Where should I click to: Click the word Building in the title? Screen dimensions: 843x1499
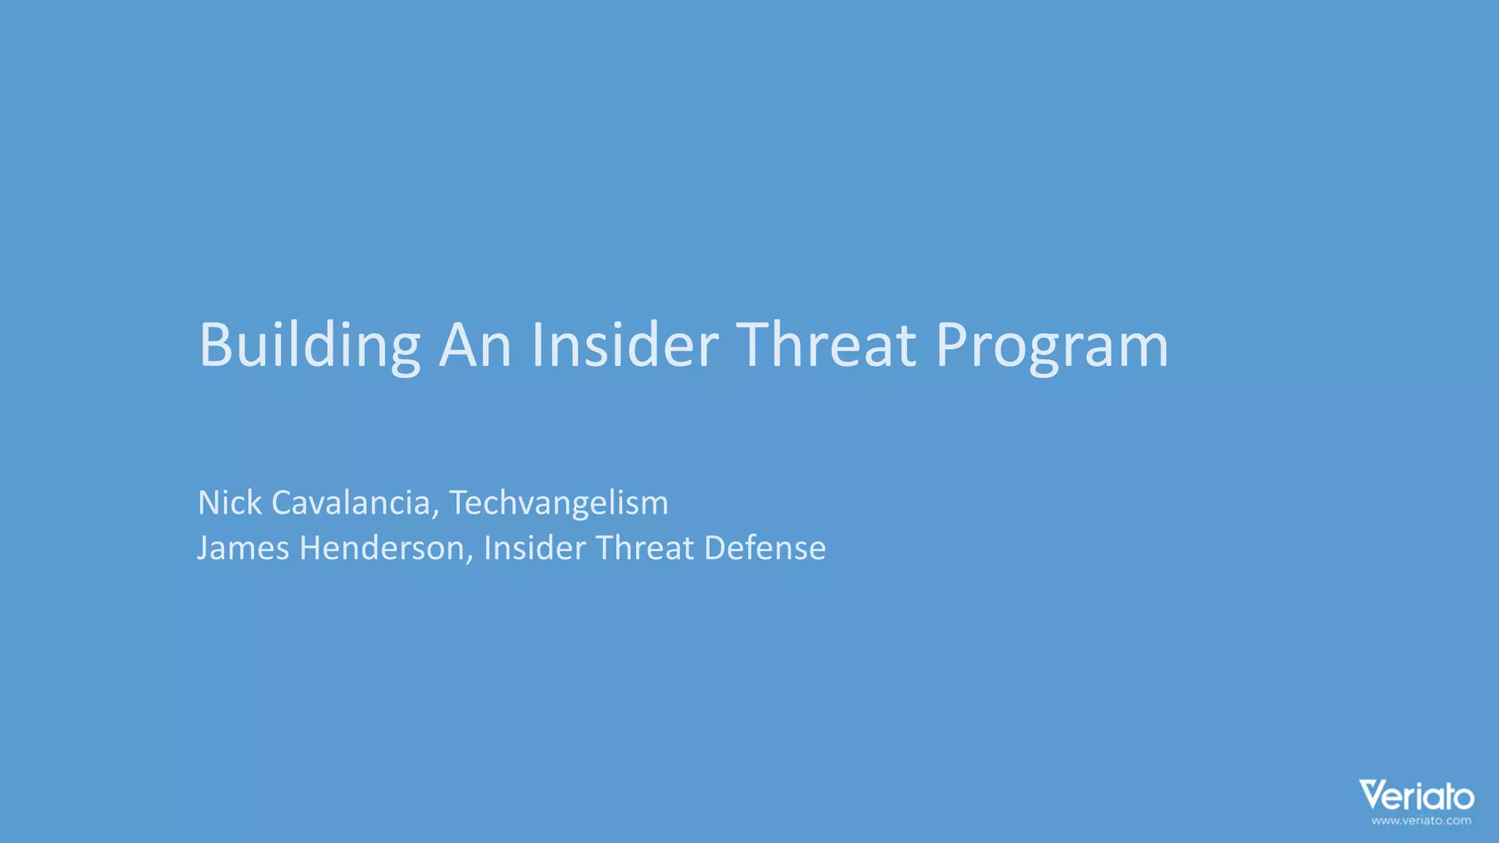click(309, 345)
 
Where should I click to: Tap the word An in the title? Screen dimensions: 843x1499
click(475, 345)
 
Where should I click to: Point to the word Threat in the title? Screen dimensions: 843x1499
click(826, 345)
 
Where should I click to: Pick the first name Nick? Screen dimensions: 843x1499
click(229, 503)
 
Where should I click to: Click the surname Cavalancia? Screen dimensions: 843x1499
click(351, 503)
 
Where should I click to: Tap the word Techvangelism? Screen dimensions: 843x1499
click(558, 503)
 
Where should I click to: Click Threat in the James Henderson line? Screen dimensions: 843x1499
click(645, 548)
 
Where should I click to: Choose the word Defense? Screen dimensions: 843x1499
click(765, 548)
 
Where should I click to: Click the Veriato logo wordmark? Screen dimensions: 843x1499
click(1416, 796)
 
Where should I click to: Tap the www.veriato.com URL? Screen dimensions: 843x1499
click(1421, 821)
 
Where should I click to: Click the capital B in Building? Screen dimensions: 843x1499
click(216, 345)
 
